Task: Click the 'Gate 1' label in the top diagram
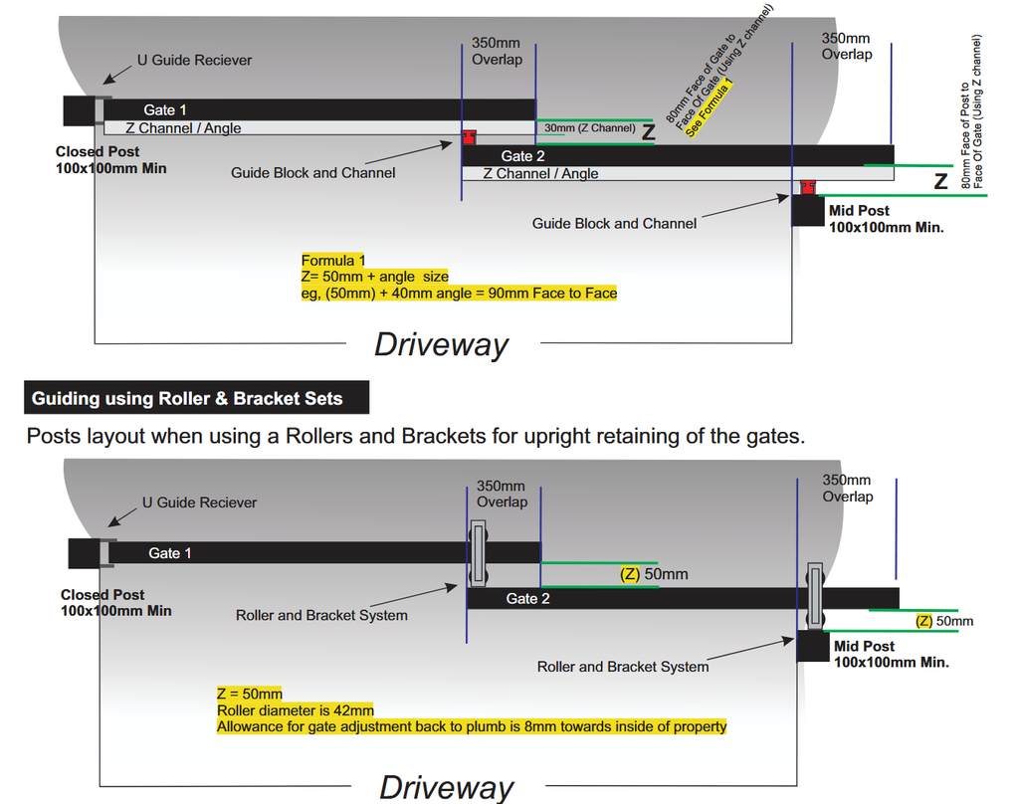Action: coord(165,109)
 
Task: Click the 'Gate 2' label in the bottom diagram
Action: coord(527,598)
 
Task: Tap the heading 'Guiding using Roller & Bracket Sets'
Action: coord(187,399)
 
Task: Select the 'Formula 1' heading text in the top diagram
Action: coord(333,261)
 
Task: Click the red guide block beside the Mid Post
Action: coord(809,187)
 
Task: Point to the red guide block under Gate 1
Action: coord(469,135)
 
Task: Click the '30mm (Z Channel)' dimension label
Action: coord(589,128)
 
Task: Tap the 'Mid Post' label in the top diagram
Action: coord(859,210)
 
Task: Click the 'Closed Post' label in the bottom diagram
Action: coord(102,594)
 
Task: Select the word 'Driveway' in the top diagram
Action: coord(441,344)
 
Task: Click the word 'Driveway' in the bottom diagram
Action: coord(447,787)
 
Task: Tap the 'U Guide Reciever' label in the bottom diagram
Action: coord(199,502)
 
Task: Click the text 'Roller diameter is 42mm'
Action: coord(296,710)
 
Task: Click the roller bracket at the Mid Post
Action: coord(816,596)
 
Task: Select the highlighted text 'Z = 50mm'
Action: coord(250,694)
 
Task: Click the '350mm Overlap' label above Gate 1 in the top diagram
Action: coord(497,52)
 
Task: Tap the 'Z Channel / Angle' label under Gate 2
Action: coord(540,173)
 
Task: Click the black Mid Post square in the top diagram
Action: coord(808,211)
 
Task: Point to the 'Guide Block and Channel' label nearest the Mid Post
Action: coord(614,224)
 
